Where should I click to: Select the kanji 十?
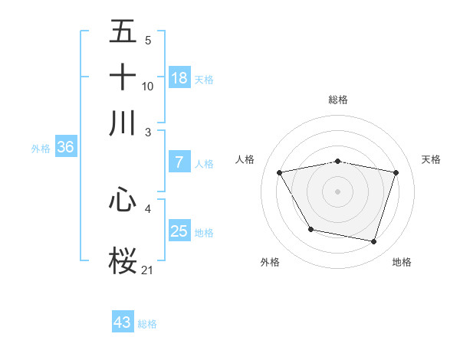point(123,77)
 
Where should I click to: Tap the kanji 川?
point(123,122)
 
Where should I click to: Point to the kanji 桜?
point(123,259)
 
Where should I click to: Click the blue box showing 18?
point(179,78)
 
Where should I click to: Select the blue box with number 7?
point(179,162)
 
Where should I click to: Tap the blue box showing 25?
point(179,231)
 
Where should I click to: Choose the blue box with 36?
point(65,148)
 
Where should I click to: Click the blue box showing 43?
point(123,322)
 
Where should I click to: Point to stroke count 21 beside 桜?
point(148,269)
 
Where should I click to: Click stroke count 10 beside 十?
point(148,87)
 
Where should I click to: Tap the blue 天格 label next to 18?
point(204,80)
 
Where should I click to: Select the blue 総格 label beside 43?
point(147,324)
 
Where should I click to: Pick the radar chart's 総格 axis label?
point(337,100)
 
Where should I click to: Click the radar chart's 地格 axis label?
point(402,263)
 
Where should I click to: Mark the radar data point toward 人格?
point(280,173)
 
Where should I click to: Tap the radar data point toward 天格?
point(396,173)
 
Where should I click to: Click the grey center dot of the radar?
point(337,191)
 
